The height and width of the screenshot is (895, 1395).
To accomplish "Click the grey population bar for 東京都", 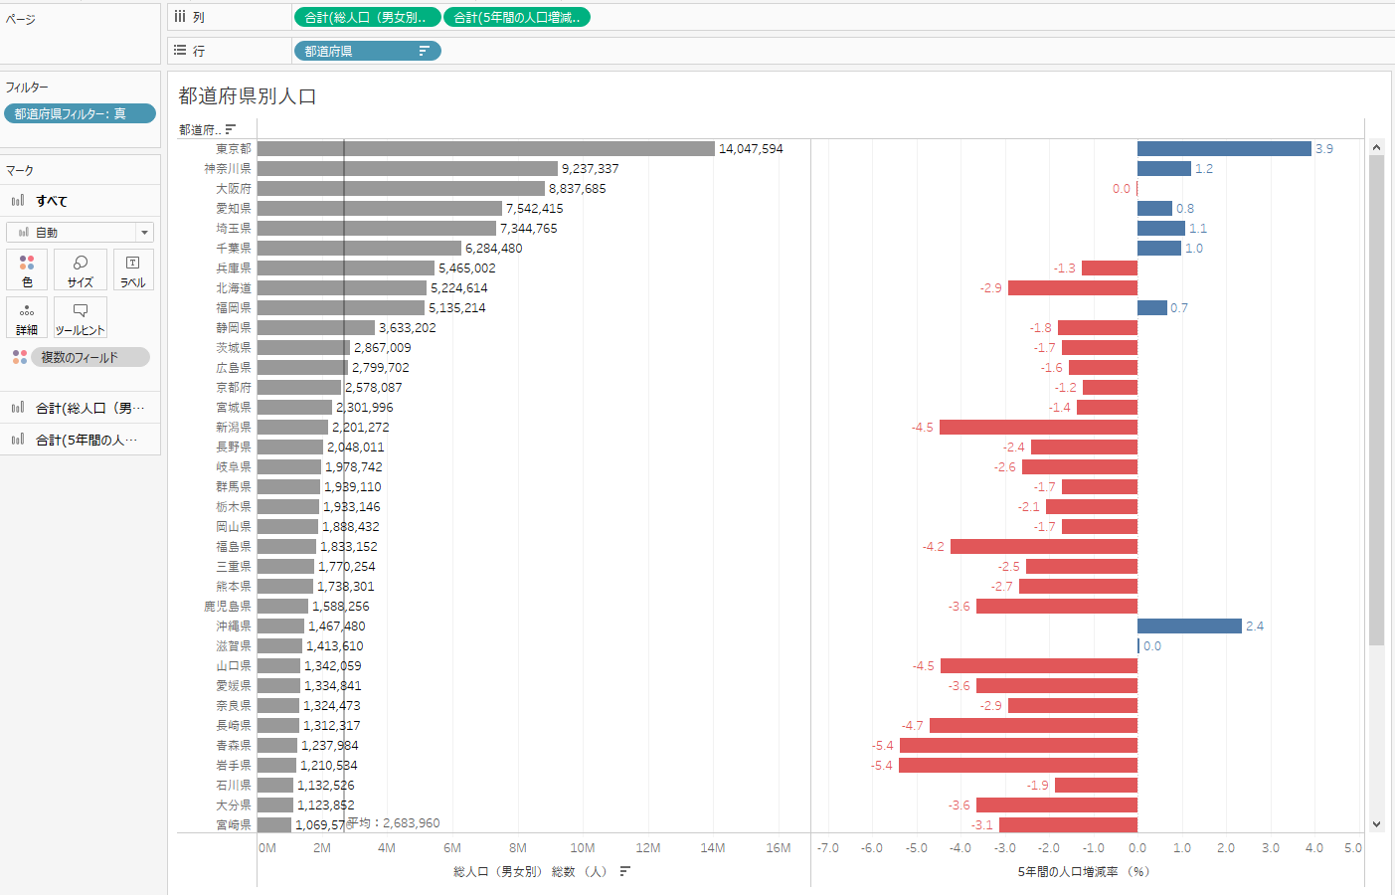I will tap(485, 148).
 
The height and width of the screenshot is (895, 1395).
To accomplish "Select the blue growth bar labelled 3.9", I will tap(1224, 148).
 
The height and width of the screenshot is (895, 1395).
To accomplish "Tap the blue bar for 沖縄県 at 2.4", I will tap(1189, 626).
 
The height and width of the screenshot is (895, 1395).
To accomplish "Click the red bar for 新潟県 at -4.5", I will tap(1038, 427).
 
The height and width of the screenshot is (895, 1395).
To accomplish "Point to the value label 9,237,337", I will tap(590, 169).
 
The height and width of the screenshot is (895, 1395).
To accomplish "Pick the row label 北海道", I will tap(234, 288).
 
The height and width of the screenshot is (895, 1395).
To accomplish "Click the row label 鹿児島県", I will tap(228, 607).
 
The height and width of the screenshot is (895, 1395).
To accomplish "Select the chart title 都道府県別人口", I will tap(248, 96).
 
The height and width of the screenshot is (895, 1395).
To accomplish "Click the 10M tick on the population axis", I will tap(583, 848).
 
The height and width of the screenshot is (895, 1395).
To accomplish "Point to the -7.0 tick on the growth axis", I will tap(828, 848).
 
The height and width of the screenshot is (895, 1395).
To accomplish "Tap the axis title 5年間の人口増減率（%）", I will tap(1083, 872).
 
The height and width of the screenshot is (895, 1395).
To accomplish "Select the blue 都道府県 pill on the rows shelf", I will tap(367, 51).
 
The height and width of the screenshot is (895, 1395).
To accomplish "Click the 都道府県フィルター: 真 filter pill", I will tap(80, 113).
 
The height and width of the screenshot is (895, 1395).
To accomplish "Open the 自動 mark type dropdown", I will tap(80, 232).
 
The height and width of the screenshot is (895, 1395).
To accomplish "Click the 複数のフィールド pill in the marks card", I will tap(89, 357).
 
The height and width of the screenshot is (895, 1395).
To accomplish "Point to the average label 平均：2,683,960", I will tap(393, 823).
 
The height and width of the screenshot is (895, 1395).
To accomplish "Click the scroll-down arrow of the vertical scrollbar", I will tap(1376, 824).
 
